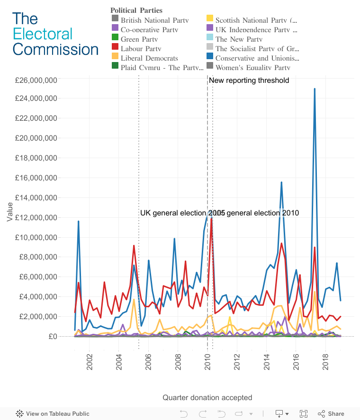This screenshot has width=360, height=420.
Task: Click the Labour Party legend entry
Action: [x=141, y=49]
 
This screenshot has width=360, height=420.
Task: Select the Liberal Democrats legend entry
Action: [x=149, y=58]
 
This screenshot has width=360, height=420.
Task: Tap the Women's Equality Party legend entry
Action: [x=252, y=68]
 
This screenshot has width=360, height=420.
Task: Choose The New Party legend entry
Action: [x=239, y=39]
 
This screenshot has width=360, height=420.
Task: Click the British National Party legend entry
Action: [x=154, y=20]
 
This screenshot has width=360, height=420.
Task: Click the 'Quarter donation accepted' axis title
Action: [x=207, y=398]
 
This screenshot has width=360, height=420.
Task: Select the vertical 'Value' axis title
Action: [x=10, y=212]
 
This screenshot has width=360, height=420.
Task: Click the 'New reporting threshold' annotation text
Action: [x=249, y=80]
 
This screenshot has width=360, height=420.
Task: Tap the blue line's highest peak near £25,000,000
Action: [x=315, y=89]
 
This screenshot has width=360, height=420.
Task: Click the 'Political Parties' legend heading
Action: [x=136, y=10]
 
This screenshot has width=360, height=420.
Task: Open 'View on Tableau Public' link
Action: [x=57, y=413]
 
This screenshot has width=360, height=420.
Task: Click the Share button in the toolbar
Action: [x=331, y=413]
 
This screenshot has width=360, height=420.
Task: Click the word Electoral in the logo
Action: [x=43, y=34]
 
